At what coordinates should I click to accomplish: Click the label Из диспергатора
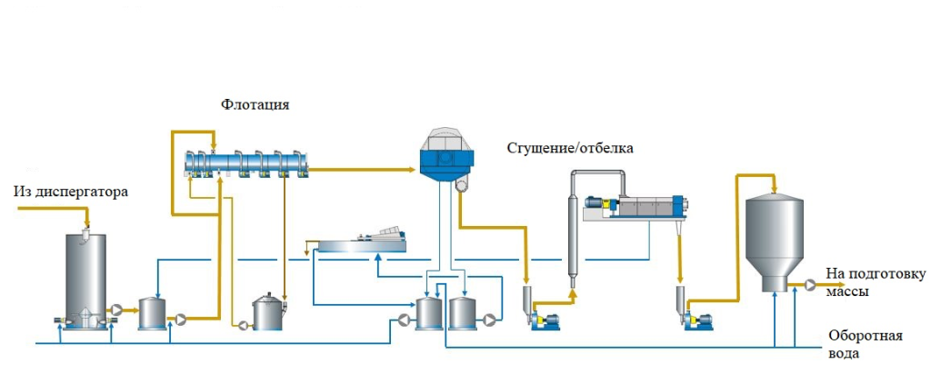(x=71, y=192)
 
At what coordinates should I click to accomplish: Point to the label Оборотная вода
(x=865, y=345)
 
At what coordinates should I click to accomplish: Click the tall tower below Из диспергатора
(x=85, y=277)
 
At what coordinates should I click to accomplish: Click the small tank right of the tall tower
(x=151, y=314)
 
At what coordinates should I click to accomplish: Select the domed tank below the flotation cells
(x=269, y=313)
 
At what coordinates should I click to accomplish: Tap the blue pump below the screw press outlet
(x=698, y=320)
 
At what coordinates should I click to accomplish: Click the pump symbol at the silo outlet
(x=808, y=284)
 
